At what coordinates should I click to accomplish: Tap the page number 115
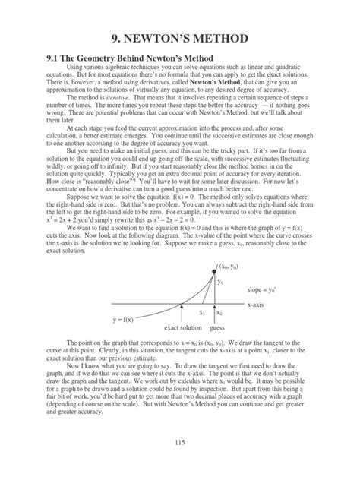tap(180, 463)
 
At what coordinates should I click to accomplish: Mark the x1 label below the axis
tap(202, 311)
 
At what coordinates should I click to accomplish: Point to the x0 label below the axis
tap(219, 311)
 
